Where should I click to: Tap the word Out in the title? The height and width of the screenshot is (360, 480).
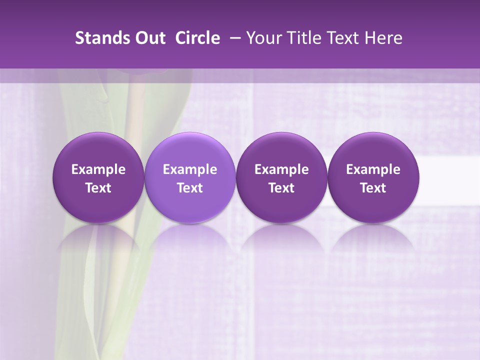coord(148,38)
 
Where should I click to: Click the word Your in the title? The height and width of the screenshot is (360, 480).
coord(262,38)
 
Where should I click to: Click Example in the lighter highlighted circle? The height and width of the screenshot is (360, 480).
coord(190,169)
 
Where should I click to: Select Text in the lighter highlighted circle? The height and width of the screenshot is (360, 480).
coord(190,188)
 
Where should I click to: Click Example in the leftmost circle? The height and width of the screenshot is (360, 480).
coord(98,169)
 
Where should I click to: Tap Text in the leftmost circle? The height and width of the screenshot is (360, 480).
coord(98,188)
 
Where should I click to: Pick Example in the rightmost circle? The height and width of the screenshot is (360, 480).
coord(373,169)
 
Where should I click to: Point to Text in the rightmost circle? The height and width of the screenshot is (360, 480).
coord(373,188)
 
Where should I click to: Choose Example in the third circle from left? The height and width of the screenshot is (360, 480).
coord(281,169)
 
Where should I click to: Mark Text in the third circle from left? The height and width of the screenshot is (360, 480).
coord(281,188)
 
